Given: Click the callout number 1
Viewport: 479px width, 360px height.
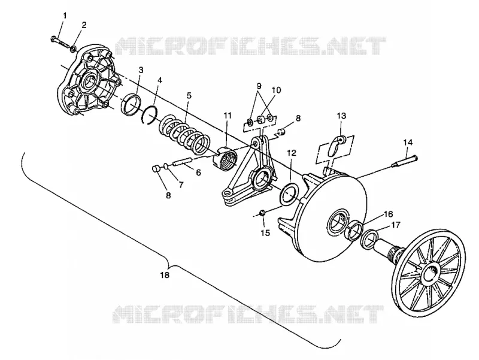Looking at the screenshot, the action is coord(65,16).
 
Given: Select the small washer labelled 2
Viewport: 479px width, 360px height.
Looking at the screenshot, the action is coord(74,49).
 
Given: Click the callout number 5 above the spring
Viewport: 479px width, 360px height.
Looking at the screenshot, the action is coord(189,96).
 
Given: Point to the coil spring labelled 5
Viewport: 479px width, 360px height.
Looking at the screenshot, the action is coord(185,134).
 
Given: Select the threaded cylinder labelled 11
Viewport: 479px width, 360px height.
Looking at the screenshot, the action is coord(226,158).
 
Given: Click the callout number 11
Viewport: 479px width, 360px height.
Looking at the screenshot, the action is coord(228,116).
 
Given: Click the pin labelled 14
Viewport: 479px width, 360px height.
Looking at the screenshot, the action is coord(405,161).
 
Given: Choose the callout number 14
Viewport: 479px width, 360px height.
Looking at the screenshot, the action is coord(408,143).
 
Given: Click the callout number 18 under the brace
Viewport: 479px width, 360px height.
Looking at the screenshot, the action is coord(165,275).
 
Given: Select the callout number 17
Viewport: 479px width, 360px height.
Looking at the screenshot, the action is coord(395,225).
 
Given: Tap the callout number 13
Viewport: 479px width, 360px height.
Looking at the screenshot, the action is coord(342,116).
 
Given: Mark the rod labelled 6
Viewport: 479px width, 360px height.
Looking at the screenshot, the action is coord(183,162).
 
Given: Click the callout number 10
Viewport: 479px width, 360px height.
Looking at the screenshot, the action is coord(276,90).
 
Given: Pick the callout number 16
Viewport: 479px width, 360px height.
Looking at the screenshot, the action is coord(388,214).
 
